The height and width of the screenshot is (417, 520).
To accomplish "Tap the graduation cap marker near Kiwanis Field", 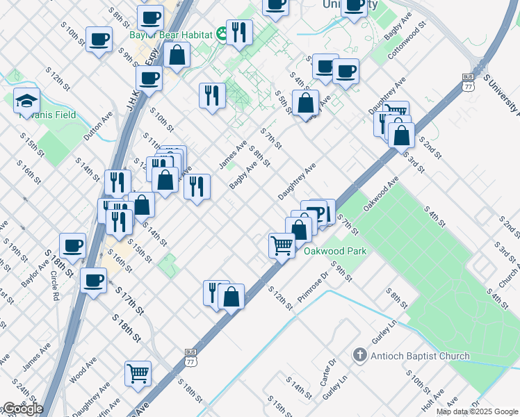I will (x=26, y=101).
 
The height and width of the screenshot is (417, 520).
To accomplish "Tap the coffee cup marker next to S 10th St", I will (x=99, y=38).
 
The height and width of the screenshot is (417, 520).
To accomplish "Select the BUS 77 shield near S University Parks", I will (x=469, y=83).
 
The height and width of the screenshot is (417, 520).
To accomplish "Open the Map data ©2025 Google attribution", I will (x=477, y=411).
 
